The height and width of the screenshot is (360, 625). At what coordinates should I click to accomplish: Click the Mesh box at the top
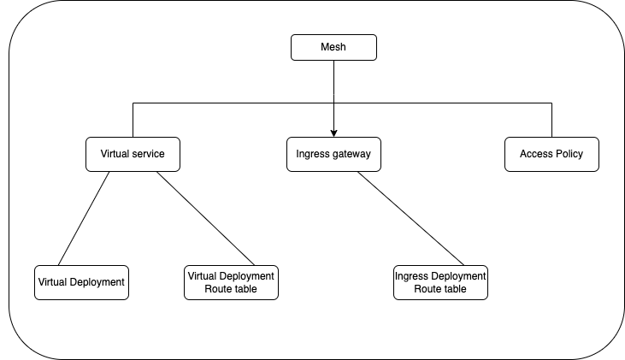(x=333, y=48)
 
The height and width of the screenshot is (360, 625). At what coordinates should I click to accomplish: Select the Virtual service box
(x=133, y=155)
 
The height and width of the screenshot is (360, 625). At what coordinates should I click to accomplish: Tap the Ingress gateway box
(x=333, y=155)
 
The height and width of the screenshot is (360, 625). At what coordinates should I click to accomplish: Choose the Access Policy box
(x=551, y=155)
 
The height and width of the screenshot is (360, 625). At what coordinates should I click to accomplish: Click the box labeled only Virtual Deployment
(x=81, y=282)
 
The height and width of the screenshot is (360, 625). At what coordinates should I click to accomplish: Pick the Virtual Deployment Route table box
(x=231, y=282)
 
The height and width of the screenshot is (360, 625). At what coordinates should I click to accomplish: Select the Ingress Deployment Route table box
(x=440, y=282)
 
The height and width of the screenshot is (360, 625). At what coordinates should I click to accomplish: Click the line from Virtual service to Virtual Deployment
(x=84, y=218)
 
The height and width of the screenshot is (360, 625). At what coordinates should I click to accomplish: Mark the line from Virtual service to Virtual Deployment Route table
(x=205, y=218)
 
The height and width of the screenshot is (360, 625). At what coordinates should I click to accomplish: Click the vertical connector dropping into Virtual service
(x=133, y=121)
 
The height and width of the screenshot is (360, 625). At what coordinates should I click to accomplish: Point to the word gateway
(x=352, y=155)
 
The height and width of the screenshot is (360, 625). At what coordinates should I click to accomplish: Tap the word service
(x=149, y=155)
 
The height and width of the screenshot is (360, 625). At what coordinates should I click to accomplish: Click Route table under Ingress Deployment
(x=440, y=289)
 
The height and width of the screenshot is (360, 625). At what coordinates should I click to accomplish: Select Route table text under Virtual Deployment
(x=231, y=289)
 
